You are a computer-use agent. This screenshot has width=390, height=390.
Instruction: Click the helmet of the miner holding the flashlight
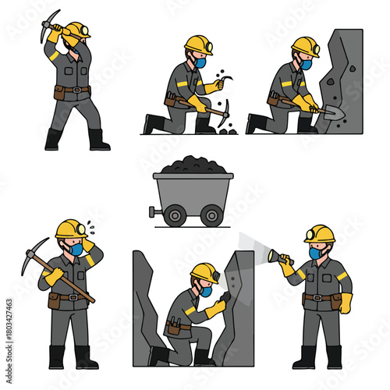(x=319, y=233)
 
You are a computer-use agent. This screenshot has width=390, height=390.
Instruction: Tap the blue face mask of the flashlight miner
(x=315, y=253)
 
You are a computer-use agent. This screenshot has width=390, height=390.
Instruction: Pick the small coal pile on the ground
(x=227, y=129)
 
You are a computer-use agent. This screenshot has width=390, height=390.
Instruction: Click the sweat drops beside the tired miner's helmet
(x=92, y=225)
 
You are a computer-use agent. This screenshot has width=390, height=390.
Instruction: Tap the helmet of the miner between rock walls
(x=204, y=271)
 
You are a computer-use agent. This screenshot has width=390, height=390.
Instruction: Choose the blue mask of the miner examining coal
(x=200, y=63)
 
